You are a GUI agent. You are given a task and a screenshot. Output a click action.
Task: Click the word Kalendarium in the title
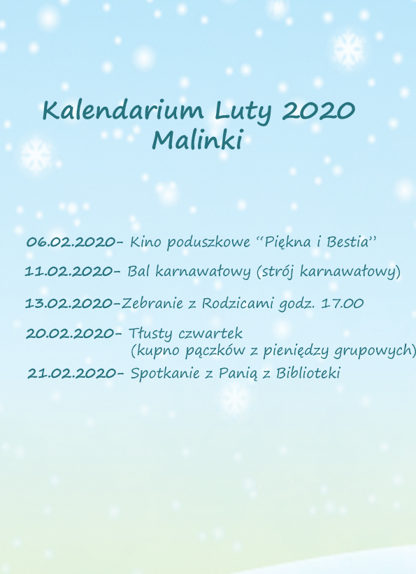[x=123, y=110]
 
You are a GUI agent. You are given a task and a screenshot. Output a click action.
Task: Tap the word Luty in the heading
[x=243, y=111]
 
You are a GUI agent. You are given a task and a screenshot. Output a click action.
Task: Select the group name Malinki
[x=197, y=140]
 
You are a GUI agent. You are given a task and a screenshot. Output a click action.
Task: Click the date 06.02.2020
[x=71, y=242]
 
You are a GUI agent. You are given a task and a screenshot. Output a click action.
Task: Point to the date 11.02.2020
[x=69, y=271]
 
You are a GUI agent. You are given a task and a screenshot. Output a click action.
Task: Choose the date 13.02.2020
[x=69, y=304]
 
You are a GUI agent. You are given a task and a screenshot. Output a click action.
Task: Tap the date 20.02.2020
[x=70, y=334]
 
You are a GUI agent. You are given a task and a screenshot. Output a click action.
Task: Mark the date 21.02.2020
[x=71, y=374]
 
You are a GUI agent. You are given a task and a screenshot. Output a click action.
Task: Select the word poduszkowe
[x=208, y=243]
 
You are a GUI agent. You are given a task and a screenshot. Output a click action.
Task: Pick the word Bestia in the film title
[x=347, y=242]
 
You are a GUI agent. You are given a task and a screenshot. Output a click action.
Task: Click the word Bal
[x=138, y=271]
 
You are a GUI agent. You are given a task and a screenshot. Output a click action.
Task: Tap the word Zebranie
[x=152, y=304]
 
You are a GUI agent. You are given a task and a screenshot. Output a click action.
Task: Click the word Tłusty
[x=150, y=334]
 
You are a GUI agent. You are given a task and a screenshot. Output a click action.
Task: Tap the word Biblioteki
[x=308, y=374]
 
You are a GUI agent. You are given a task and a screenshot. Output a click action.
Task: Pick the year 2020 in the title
[x=319, y=110]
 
